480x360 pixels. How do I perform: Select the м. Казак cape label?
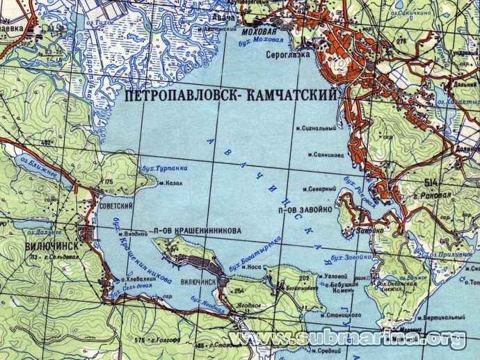pos(170,184)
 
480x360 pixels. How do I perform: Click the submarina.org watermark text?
pos(348,338)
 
